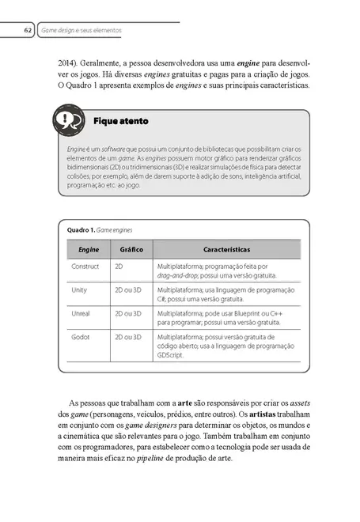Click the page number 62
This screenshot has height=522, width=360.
[27, 30]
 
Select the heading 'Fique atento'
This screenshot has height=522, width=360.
[120, 122]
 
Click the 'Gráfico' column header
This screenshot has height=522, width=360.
[131, 248]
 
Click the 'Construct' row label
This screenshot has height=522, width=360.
[85, 267]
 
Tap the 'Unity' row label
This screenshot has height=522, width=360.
[79, 290]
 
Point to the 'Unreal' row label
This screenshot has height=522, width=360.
[81, 313]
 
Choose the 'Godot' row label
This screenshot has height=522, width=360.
[81, 337]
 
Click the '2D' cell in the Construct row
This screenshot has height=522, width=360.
[119, 267]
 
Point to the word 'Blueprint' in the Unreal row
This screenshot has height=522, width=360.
[242, 313]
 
